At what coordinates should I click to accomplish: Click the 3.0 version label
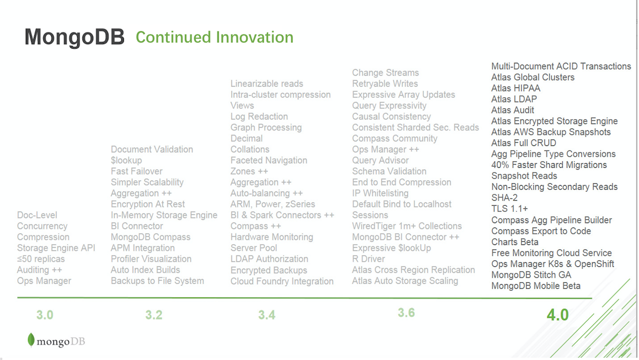coord(45,315)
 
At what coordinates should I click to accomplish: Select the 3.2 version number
coord(154,315)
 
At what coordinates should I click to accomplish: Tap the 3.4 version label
coord(267,315)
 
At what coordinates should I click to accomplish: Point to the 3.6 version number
coord(406,313)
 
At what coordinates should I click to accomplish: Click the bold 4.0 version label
coord(558,315)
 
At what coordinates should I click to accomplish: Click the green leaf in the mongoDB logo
coord(31,340)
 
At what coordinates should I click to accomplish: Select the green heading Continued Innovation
coord(214,37)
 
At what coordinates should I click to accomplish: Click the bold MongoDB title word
coord(74,37)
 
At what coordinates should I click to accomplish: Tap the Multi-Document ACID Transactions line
coord(561,66)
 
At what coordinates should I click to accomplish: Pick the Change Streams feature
coord(385,73)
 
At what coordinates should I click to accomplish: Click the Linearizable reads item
coord(267,83)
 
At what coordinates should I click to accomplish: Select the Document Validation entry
coord(152,149)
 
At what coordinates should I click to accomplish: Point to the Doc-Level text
coord(37,215)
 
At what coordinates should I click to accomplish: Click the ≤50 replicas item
coord(41,259)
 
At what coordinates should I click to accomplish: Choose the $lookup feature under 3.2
coord(126,160)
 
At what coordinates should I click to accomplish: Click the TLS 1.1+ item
coord(510,208)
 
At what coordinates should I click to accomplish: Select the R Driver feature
coord(369,259)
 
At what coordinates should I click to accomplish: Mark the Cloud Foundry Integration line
coord(282,281)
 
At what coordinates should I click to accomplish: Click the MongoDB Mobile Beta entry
coord(536,286)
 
